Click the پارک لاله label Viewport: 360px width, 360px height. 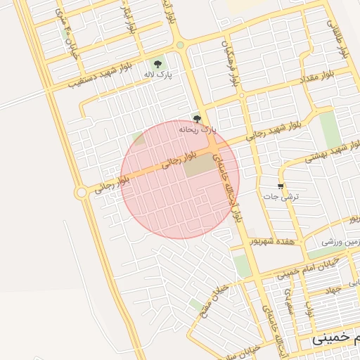(160, 73)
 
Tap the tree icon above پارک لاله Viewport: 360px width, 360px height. (157, 62)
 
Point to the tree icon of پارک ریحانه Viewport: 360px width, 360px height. (196, 119)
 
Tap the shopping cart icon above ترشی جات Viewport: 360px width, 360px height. (281, 186)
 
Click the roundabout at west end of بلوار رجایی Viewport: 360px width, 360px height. (82, 192)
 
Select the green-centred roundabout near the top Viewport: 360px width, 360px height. (181, 46)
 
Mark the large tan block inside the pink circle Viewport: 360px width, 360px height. (200, 166)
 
